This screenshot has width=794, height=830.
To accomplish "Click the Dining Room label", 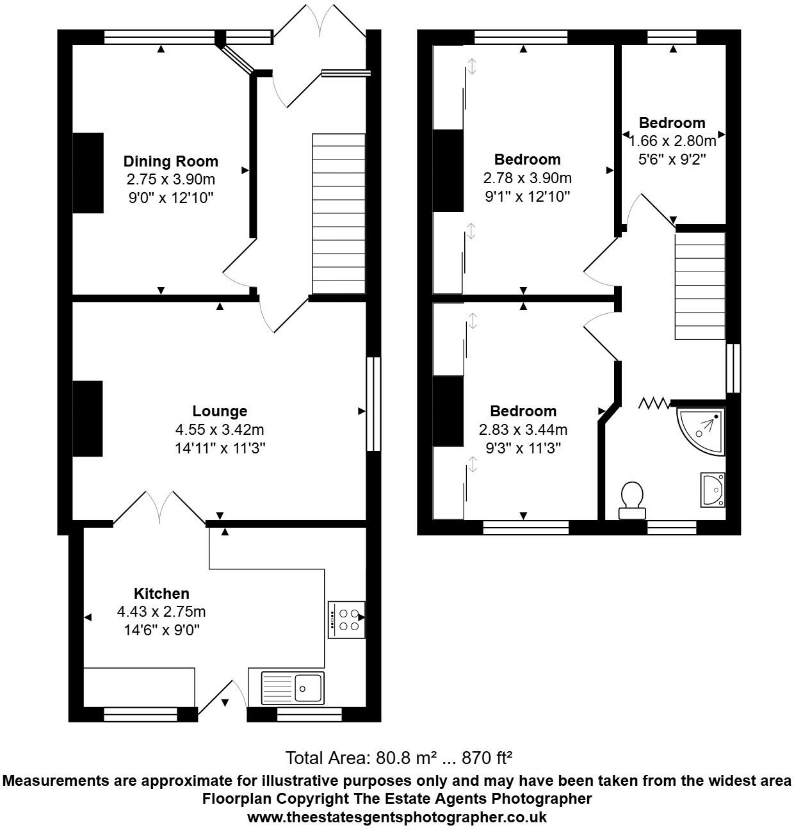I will pos(170,161).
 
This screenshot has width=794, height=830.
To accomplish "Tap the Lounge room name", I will pos(220,411).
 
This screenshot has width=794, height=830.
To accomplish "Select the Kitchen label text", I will pos(161,594).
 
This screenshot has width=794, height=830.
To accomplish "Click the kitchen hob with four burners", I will pos(346,619).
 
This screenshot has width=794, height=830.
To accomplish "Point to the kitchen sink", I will pos(293,687).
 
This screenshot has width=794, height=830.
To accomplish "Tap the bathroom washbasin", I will pos(713,490).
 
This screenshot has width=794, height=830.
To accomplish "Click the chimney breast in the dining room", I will pos(88,173).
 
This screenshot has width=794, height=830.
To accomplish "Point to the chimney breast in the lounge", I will pos(88,418).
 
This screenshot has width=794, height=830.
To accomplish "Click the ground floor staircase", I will pos(338,213).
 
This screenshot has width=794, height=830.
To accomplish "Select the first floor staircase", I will pos(700,286).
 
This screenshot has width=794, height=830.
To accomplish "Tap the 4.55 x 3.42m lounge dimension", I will pos(220,430).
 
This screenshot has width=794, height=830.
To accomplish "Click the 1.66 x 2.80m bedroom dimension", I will pos(672,141).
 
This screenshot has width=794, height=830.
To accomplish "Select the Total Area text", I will pos(398,758).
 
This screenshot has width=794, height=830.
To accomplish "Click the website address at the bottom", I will pos(397,817).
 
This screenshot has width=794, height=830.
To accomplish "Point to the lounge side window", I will pos(373,404).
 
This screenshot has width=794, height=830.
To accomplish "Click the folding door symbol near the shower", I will pos(654,403).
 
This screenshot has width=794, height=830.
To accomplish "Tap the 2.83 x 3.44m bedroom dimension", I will pos(523,430).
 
